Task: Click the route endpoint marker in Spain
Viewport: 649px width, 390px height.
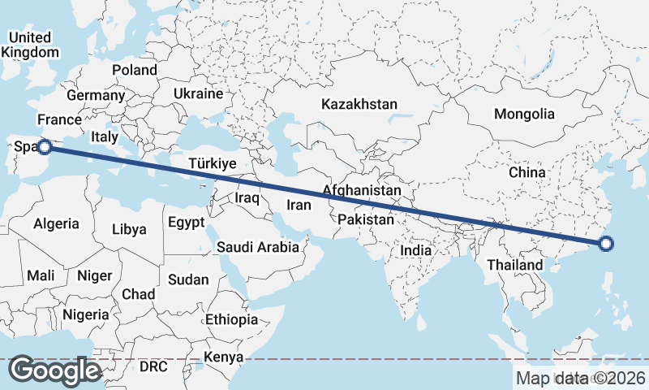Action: point(45,147)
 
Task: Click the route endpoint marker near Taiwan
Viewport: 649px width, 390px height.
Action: point(605,243)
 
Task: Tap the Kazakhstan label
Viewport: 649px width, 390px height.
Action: point(359,105)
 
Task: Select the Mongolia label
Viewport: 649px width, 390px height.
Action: point(525,114)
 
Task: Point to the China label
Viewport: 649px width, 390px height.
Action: point(527,173)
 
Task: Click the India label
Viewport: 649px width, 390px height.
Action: point(416,251)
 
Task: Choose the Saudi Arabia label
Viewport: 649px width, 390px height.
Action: point(258,246)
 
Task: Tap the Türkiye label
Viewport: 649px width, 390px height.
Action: point(212,164)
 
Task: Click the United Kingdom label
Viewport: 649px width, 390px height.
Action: point(31,45)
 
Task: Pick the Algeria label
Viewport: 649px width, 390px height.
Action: point(57,223)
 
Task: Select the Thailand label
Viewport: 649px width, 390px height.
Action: point(515,266)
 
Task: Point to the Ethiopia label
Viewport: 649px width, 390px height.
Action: point(231,319)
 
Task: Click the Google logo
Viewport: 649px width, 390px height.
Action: point(55,370)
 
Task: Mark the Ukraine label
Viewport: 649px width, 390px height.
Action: point(198,94)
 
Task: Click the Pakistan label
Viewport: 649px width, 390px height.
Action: point(366,219)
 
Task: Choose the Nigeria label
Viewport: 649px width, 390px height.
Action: point(85,314)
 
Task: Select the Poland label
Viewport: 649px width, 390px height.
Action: point(135,70)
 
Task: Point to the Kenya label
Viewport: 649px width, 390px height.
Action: point(223,357)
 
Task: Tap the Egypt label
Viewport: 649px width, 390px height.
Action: point(187,222)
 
